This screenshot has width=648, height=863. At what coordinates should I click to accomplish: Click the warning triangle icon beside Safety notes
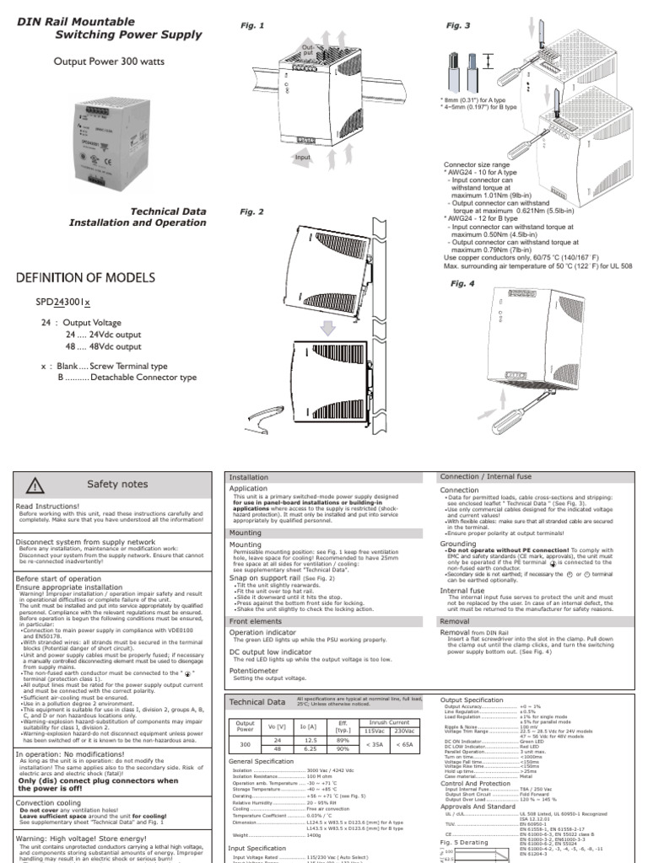point(35,485)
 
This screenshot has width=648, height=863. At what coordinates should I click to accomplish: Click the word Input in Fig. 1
point(302,158)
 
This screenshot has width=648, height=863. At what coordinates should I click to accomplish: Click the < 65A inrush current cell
point(404,745)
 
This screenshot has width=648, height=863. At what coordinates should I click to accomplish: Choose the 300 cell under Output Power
point(245,745)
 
